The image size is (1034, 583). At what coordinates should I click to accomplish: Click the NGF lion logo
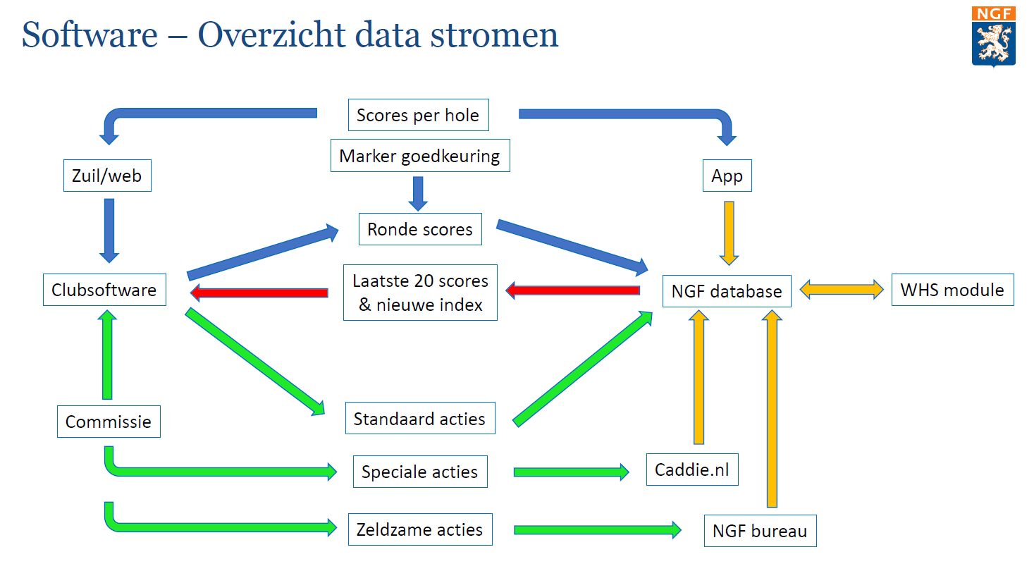[993, 36]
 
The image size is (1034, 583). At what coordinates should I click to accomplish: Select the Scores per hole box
[418, 115]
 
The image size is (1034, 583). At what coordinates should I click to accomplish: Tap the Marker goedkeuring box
[420, 156]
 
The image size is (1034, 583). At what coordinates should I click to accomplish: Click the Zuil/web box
[107, 176]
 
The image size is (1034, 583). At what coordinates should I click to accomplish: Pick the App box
[727, 176]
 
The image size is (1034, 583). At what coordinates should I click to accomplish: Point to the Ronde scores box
[420, 229]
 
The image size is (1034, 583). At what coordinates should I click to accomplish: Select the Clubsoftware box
[104, 290]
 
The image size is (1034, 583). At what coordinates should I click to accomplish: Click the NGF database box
[727, 291]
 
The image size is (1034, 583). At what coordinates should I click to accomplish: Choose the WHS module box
[953, 290]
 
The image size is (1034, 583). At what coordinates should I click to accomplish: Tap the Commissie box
[109, 422]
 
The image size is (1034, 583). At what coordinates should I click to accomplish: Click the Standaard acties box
[420, 418]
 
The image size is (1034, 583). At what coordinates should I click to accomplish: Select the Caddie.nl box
[692, 470]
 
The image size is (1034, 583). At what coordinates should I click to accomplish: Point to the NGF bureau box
[760, 531]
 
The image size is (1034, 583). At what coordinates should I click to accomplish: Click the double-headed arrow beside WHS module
[842, 290]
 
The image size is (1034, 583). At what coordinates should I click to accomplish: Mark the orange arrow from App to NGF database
[729, 233]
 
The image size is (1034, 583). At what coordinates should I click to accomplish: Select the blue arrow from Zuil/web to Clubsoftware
[109, 231]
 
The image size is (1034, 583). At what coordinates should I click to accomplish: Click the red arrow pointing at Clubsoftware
[259, 293]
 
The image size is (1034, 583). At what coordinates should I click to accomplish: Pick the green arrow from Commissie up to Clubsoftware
[107, 355]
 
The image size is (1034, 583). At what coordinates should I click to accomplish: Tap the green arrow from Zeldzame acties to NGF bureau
[597, 530]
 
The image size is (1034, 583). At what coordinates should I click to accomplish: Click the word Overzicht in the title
[271, 35]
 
